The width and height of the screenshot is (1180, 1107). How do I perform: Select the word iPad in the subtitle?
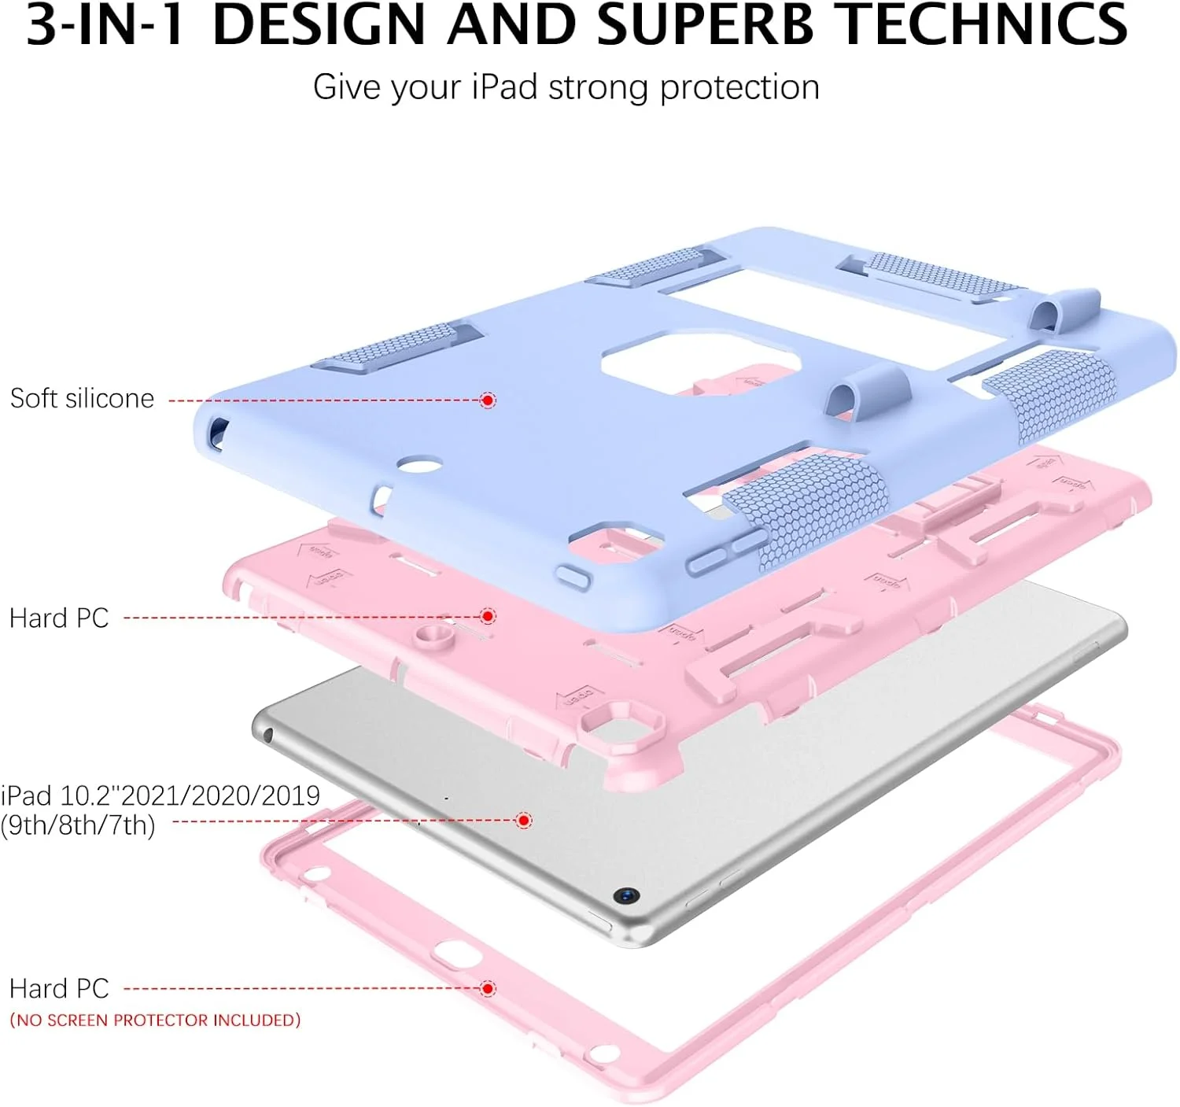click(x=504, y=87)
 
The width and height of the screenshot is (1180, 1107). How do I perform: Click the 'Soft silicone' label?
click(x=82, y=399)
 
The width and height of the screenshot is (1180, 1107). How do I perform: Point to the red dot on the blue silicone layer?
click(x=488, y=400)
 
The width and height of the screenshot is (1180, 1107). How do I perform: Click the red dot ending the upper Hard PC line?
click(x=488, y=616)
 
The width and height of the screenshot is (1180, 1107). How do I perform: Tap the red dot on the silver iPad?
click(x=524, y=821)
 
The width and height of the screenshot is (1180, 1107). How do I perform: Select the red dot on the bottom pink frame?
click(x=488, y=988)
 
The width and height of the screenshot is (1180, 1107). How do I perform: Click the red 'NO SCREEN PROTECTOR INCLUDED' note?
click(x=155, y=1020)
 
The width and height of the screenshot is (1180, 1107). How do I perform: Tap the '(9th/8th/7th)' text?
click(x=78, y=826)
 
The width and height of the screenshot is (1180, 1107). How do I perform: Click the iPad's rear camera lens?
click(x=626, y=895)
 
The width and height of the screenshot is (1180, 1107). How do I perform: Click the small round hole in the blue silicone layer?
click(x=420, y=464)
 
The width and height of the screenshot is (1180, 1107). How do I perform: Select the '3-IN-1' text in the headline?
click(x=106, y=25)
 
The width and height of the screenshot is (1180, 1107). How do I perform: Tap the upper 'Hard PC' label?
click(x=59, y=618)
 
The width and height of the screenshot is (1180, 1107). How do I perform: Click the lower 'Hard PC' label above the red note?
click(x=59, y=989)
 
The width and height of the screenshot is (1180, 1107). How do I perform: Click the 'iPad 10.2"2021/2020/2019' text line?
click(x=160, y=795)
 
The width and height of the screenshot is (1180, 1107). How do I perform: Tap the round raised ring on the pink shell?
click(x=432, y=637)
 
